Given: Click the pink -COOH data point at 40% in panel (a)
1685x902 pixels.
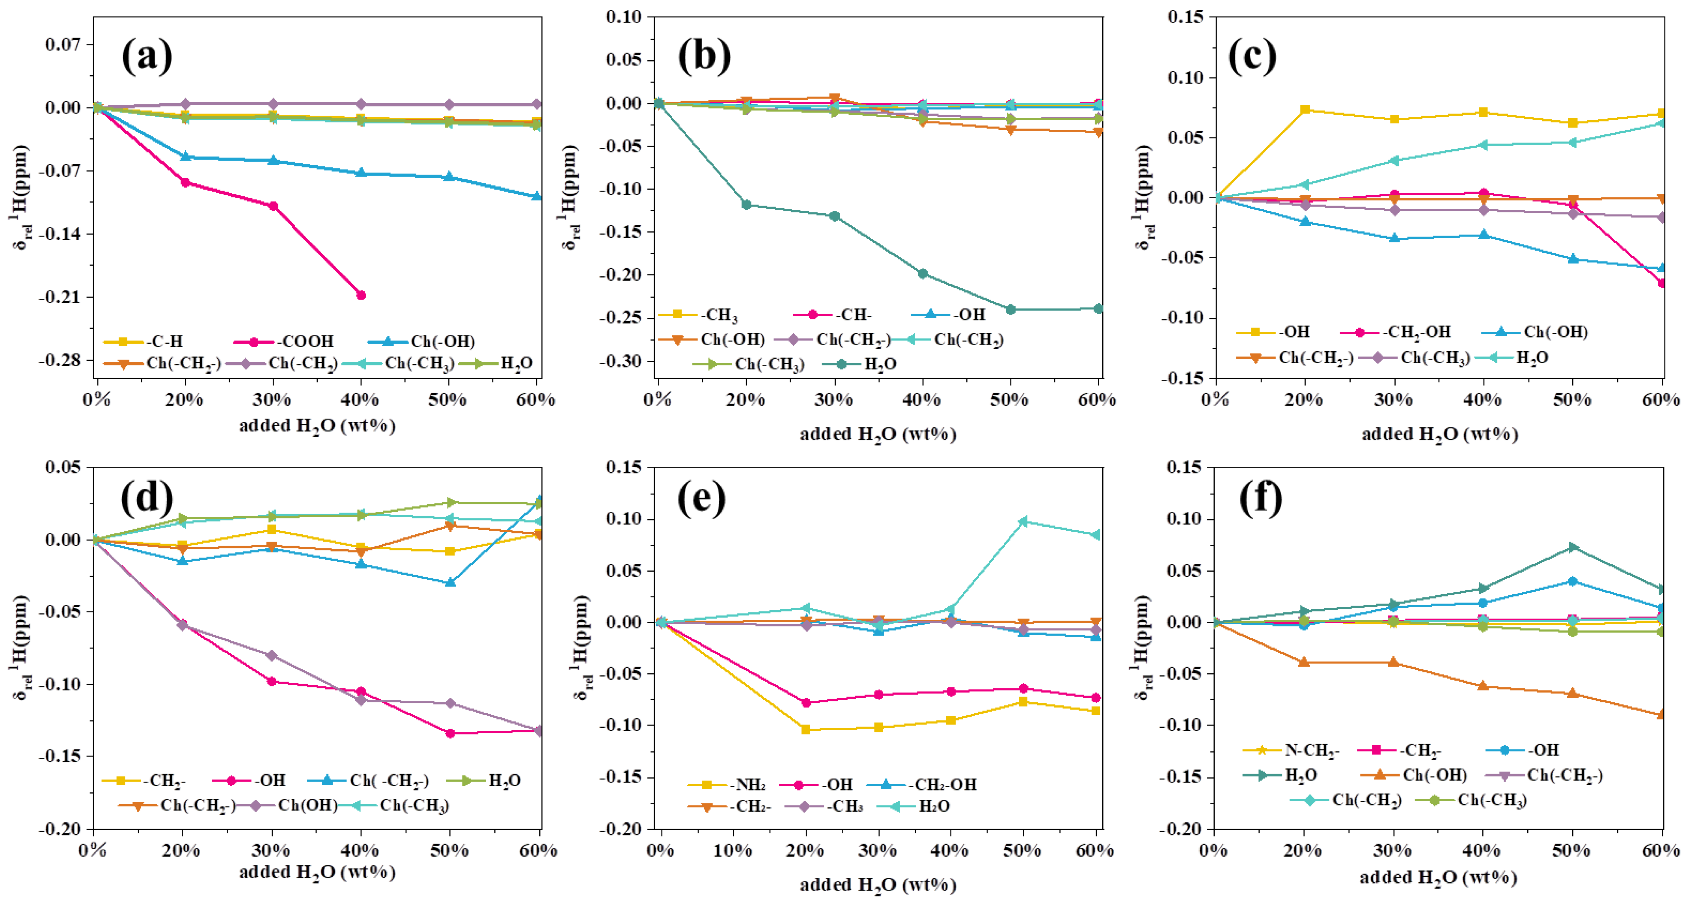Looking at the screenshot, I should click(x=360, y=295).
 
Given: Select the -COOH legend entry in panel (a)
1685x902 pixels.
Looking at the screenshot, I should click(x=304, y=341).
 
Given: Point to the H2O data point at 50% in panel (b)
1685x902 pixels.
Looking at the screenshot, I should click(x=1010, y=309).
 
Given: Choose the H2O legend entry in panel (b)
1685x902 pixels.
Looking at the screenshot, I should click(x=880, y=364).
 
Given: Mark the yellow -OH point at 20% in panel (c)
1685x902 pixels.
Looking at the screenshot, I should click(x=1305, y=109).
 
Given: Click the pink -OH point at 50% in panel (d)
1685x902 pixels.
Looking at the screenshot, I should click(x=450, y=733).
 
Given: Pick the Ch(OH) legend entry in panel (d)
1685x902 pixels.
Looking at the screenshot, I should click(x=308, y=805).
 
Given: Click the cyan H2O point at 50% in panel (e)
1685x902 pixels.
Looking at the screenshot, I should click(x=1023, y=521).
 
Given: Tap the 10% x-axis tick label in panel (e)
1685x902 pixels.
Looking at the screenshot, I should click(x=733, y=850).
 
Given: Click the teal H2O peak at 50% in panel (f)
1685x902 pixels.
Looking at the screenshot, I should click(x=1573, y=547).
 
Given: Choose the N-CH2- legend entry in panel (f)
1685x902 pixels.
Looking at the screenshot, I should click(x=1312, y=750).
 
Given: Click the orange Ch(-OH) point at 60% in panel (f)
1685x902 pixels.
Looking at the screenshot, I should click(x=1661, y=714).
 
